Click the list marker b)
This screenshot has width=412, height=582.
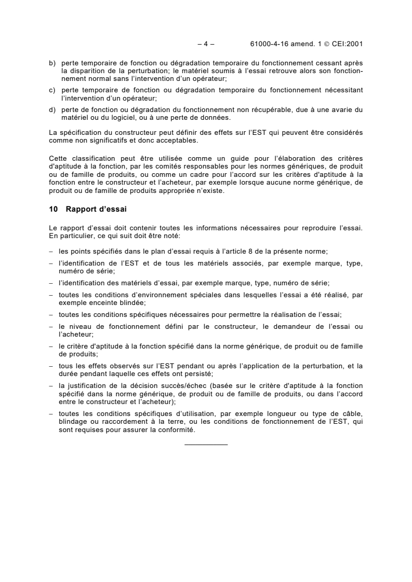[52, 62]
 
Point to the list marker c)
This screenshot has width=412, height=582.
[52, 90]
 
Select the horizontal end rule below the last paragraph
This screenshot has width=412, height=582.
[206, 445]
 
